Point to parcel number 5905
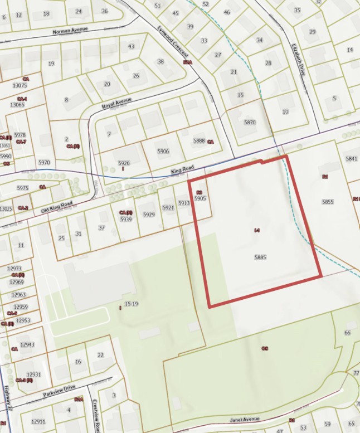[x=201, y=198]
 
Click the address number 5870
[x=249, y=122]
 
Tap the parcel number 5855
[x=328, y=202]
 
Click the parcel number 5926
[x=124, y=163]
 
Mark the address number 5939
[x=126, y=220]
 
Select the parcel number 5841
[x=351, y=159]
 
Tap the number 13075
[x=19, y=85]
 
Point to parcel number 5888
[x=199, y=141]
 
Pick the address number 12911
[x=38, y=422]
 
